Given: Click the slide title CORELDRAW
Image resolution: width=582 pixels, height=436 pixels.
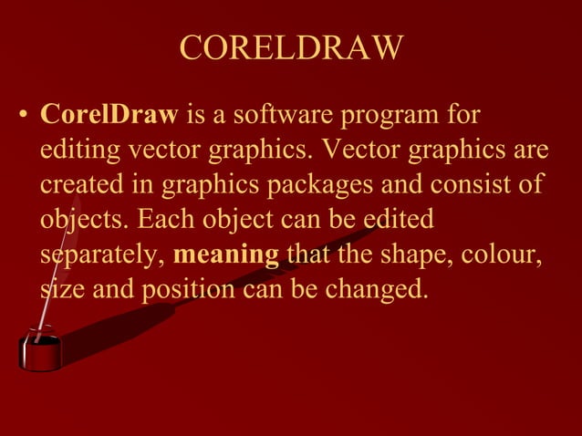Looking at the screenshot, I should point(290,48).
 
